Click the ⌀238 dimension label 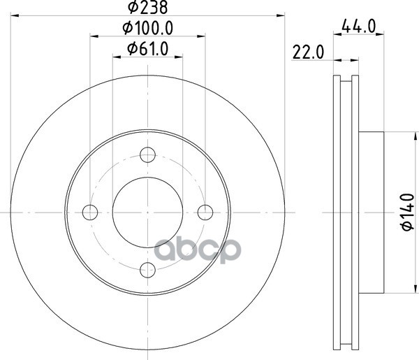pyautogui.click(x=147, y=7)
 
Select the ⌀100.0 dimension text pyautogui.click(x=148, y=28)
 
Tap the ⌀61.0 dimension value pyautogui.click(x=148, y=49)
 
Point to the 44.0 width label pyautogui.click(x=359, y=27)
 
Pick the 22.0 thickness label pyautogui.click(x=308, y=52)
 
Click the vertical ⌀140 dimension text pyautogui.click(x=408, y=212)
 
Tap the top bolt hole pyautogui.click(x=148, y=154)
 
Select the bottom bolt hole pyautogui.click(x=148, y=270)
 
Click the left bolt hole pyautogui.click(x=90, y=213)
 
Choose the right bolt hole pyautogui.click(x=205, y=213)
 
